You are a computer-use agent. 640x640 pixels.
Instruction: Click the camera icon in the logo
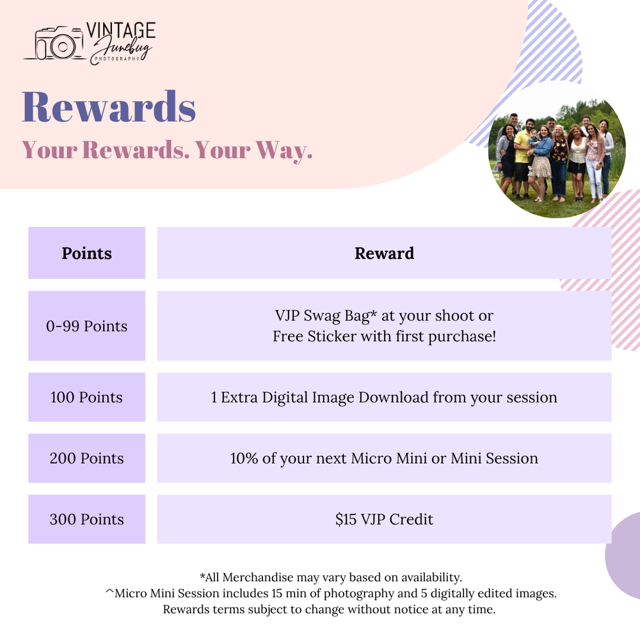point(55,44)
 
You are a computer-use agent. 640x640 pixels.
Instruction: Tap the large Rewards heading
point(109,106)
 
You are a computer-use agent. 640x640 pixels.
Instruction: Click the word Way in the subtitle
point(284,150)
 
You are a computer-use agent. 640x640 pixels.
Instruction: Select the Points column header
point(86,253)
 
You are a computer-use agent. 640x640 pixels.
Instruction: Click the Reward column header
point(384,253)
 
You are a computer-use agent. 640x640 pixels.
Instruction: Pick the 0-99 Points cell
point(86,326)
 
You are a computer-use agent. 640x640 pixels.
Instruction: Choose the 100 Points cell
point(86,397)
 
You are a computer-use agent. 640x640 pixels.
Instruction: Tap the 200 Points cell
point(86,458)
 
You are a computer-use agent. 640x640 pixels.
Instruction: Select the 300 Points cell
point(86,519)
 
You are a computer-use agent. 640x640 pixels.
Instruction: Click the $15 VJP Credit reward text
point(384,519)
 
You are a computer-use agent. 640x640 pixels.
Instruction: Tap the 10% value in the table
point(244,458)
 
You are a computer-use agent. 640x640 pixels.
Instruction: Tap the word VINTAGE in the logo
point(121,31)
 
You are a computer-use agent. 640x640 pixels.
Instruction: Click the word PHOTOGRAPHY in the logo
point(117,59)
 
